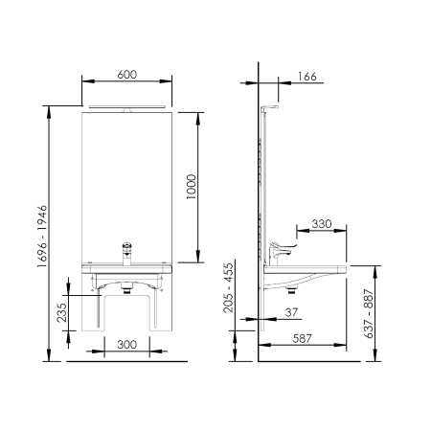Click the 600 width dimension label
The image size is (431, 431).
(x=127, y=75)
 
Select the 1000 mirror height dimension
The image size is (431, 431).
(x=192, y=187)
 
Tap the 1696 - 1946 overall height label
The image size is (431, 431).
(x=42, y=236)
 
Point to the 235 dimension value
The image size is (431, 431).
(x=62, y=312)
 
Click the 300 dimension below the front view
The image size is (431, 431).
(x=127, y=345)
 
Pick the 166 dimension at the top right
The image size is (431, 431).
(x=306, y=77)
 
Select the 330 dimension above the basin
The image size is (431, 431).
(x=322, y=224)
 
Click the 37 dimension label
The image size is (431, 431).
(x=291, y=312)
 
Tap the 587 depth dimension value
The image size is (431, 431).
(x=302, y=338)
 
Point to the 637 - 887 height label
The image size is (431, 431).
(x=369, y=313)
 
